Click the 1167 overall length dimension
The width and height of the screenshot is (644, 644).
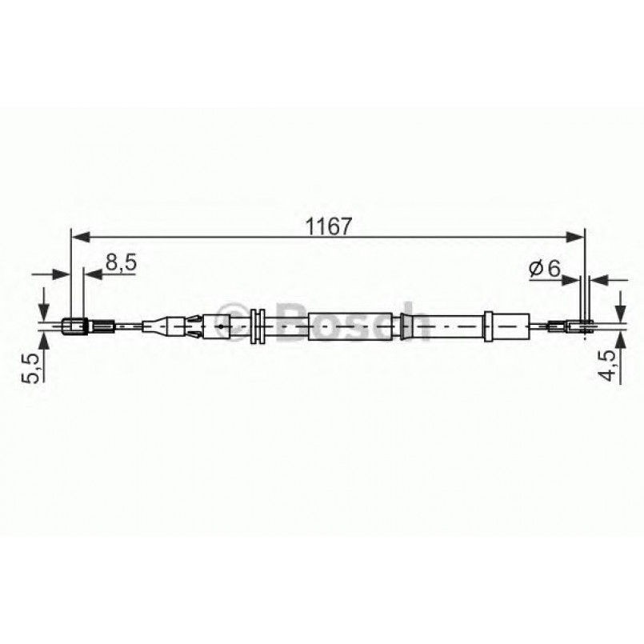pyautogui.click(x=328, y=226)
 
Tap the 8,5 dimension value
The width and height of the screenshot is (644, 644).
pyautogui.click(x=119, y=263)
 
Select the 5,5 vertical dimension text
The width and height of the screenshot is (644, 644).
pyautogui.click(x=28, y=367)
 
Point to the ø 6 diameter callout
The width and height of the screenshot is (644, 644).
pyautogui.click(x=544, y=270)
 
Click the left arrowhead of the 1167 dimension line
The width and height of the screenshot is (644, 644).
pyautogui.click(x=78, y=237)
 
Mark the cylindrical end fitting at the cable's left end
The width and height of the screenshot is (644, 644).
pyautogui.click(x=74, y=326)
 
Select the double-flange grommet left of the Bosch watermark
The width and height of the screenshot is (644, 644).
pyautogui.click(x=258, y=326)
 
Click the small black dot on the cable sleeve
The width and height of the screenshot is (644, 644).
pyautogui.click(x=218, y=326)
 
